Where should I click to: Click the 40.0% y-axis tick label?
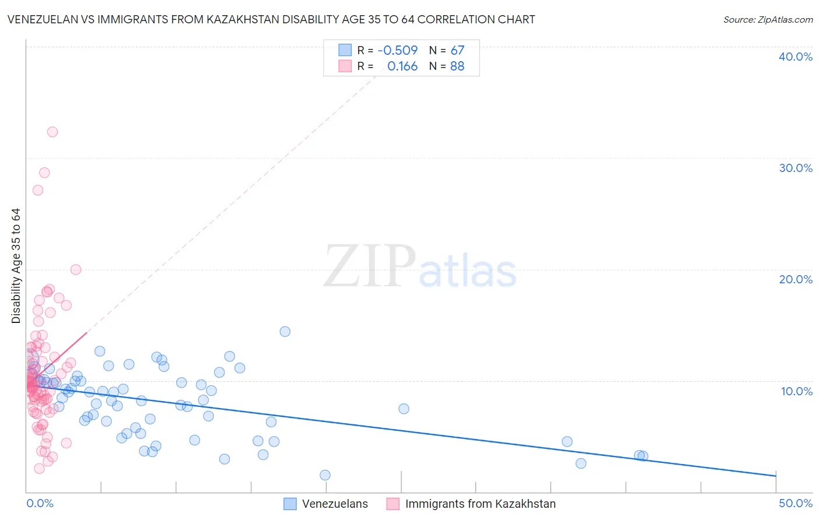pyautogui.click(x=796, y=57)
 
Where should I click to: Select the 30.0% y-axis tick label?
pyautogui.click(x=796, y=168)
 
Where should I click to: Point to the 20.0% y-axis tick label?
pyautogui.click(x=796, y=279)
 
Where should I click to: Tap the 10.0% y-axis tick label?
pyautogui.click(x=797, y=391)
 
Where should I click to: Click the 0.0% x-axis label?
pyautogui.click(x=40, y=503)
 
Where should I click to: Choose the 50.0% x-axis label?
pyautogui.click(x=796, y=503)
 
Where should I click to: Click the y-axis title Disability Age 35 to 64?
pyautogui.click(x=16, y=266)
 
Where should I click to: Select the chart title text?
pyautogui.click(x=271, y=20)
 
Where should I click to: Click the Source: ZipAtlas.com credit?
pyautogui.click(x=768, y=20)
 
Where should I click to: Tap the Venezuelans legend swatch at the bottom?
pyautogui.click(x=290, y=504)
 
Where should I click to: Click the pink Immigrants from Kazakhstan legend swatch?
pyautogui.click(x=393, y=504)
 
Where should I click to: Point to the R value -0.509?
pyautogui.click(x=398, y=50)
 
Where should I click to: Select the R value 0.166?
pyautogui.click(x=402, y=66)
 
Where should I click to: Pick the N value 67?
pyautogui.click(x=457, y=50)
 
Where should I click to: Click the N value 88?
pyautogui.click(x=457, y=66)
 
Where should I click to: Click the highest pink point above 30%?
pyautogui.click(x=52, y=132)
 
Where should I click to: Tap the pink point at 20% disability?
pyautogui.click(x=76, y=269)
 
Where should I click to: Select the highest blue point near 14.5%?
pyautogui.click(x=285, y=332)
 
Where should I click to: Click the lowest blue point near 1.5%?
pyautogui.click(x=325, y=475)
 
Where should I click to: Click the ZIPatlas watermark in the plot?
pyautogui.click(x=420, y=267)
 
